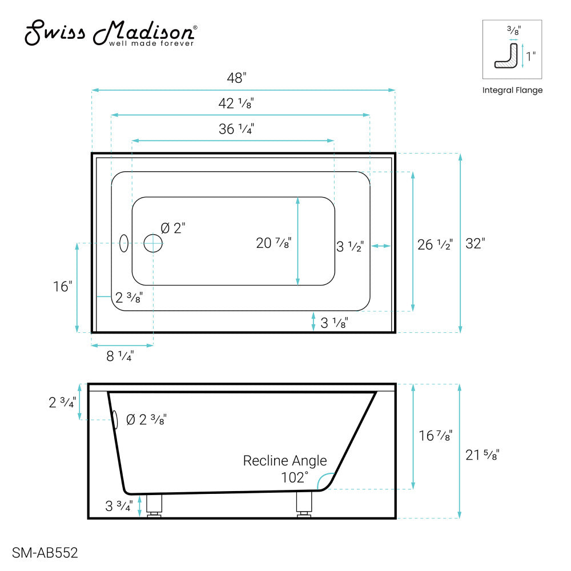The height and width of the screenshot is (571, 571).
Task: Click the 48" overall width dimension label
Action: coord(236,78)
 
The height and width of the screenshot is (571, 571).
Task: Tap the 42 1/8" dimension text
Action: coord(236,103)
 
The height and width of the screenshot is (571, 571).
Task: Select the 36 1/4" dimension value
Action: coord(236,129)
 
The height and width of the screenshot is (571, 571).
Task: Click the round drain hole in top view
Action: coord(153,243)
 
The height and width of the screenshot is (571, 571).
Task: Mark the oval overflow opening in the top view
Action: coord(124,243)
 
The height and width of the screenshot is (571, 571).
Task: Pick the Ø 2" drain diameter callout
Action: coord(173,228)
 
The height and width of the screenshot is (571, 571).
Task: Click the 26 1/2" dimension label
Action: coord(435,245)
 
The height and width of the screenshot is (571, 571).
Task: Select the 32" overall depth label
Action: coord(475,244)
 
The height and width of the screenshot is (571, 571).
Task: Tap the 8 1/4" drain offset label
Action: coord(120,356)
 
